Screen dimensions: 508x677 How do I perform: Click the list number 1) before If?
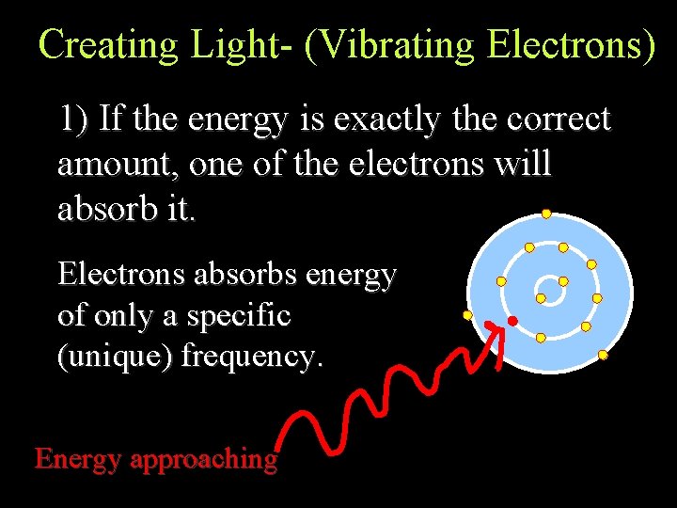[x=74, y=119]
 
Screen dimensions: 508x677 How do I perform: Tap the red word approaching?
[x=204, y=459]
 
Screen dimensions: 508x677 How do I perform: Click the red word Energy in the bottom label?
[x=78, y=459]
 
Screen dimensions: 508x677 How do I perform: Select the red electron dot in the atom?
[x=512, y=322]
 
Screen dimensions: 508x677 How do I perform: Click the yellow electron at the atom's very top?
[x=545, y=214]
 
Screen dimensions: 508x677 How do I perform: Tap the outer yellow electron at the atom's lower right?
[x=603, y=356]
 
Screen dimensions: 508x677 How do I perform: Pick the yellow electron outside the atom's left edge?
[x=467, y=315]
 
